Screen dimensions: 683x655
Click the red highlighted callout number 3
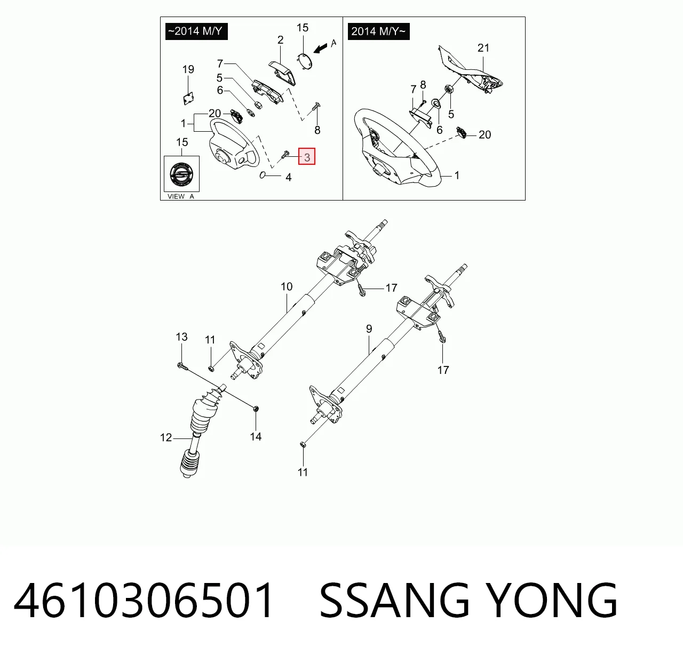point(307,156)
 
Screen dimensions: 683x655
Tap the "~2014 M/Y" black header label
point(196,31)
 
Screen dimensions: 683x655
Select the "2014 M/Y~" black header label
point(379,31)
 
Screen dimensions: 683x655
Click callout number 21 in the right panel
point(483,47)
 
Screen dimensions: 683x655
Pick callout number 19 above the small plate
point(188,69)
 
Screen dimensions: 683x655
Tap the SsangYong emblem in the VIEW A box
point(181,174)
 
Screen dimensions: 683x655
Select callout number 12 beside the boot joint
point(166,437)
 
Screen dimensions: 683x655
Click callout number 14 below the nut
point(256,436)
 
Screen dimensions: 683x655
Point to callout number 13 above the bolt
point(181,337)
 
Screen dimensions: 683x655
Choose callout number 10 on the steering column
point(287,286)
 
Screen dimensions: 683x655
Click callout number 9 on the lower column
point(369,329)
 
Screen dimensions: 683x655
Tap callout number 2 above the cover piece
point(280,40)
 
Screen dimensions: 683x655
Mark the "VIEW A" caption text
point(181,196)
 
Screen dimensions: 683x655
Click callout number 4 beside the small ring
point(289,178)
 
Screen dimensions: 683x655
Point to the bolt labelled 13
point(182,366)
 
